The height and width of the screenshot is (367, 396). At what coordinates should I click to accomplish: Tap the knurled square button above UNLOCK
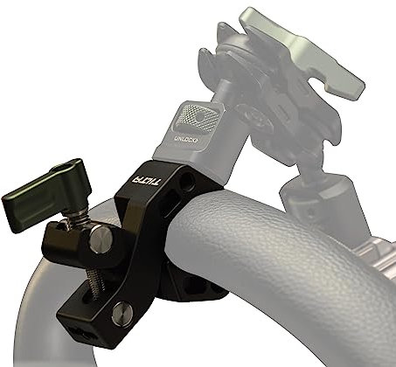tap(194, 116)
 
